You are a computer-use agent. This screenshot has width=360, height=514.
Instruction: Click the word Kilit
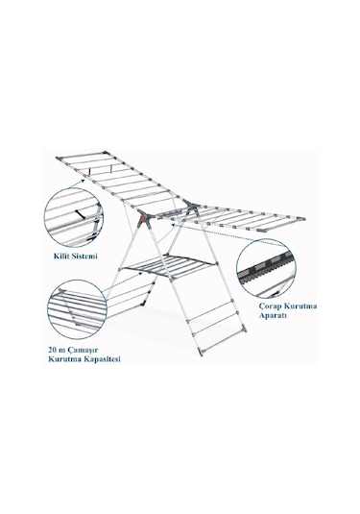click(x=61, y=256)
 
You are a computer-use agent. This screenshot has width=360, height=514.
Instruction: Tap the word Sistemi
click(x=84, y=256)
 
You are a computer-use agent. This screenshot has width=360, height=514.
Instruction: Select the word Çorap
click(x=270, y=306)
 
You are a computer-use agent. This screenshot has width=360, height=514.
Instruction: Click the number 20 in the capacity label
click(x=53, y=350)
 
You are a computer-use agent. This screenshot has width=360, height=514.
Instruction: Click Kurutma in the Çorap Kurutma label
click(x=300, y=306)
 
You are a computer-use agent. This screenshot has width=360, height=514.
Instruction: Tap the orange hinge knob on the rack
click(x=143, y=217)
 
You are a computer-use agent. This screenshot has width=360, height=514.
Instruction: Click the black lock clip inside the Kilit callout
click(x=80, y=214)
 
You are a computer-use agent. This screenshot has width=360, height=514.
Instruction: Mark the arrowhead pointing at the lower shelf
click(x=140, y=274)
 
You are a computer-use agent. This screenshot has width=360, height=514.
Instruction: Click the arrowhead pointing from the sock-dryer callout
click(x=174, y=225)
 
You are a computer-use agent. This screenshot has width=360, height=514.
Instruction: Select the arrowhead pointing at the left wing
click(x=83, y=180)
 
